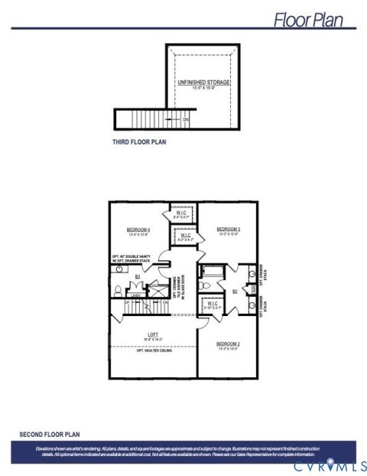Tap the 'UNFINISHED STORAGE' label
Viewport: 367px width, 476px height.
(x=204, y=82)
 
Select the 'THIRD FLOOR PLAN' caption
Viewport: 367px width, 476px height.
(x=139, y=142)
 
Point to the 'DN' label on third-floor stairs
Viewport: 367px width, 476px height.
(x=185, y=119)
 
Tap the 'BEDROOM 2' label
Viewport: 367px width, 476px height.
(x=229, y=344)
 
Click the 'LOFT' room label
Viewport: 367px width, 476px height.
(x=152, y=334)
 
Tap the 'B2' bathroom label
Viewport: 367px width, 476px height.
(x=235, y=291)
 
